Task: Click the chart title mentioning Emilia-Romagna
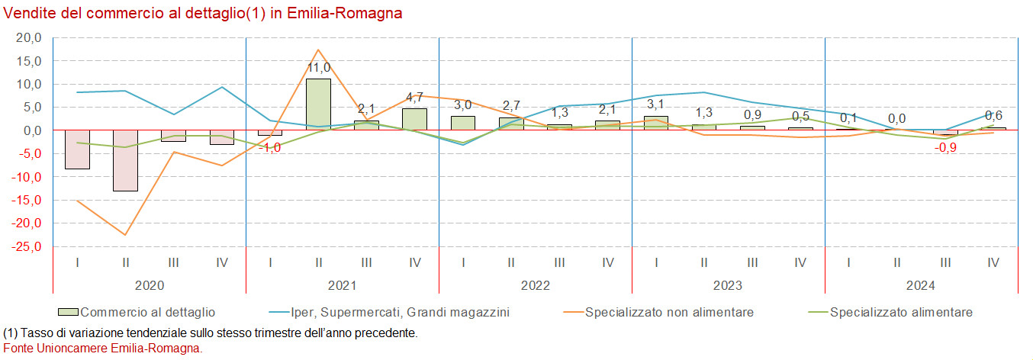tap(203, 14)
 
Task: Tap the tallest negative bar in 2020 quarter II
tap(125, 160)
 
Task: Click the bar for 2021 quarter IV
tap(414, 119)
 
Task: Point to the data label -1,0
tap(270, 148)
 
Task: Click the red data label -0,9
tap(945, 147)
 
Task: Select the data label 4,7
tap(414, 98)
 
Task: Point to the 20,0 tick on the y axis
tap(29, 37)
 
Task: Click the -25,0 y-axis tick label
tap(27, 247)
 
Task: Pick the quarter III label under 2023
tap(751, 262)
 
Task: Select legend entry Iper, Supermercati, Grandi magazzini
tap(400, 312)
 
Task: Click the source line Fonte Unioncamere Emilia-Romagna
tap(104, 348)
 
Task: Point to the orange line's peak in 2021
tap(318, 50)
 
